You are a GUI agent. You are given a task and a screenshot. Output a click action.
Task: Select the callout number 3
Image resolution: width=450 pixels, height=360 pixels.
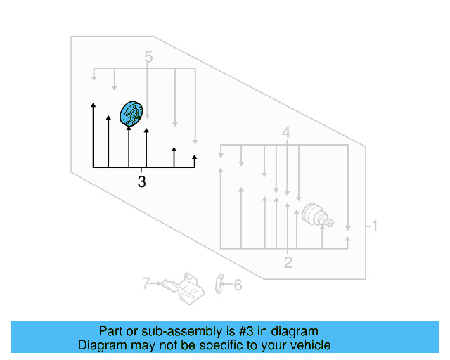click(x=142, y=182)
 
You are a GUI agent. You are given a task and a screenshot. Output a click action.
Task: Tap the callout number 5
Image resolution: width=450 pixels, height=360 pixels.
click(x=148, y=57)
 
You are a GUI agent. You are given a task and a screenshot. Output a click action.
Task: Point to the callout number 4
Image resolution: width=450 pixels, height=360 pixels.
click(x=286, y=132)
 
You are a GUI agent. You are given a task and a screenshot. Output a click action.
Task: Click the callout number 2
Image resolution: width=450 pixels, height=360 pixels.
click(x=288, y=263)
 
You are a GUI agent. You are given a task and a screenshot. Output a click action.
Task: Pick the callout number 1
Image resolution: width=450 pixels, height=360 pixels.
click(x=375, y=226)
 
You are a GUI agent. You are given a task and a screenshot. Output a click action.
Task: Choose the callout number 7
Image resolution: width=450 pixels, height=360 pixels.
click(x=146, y=284)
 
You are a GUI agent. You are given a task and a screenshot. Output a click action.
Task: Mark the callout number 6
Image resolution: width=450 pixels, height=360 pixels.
click(x=237, y=285)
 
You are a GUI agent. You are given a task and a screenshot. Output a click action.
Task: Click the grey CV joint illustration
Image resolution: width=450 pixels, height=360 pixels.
click(x=315, y=217)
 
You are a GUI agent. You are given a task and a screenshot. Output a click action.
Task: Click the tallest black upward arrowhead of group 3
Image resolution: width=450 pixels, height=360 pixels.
click(x=93, y=106)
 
